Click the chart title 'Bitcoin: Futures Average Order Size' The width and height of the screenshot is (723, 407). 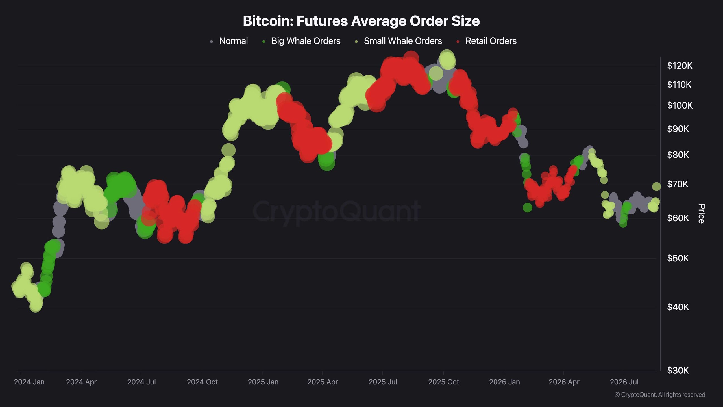pos(361,21)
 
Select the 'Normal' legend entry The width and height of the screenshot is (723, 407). pos(229,41)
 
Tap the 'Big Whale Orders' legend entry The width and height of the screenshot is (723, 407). pos(301,41)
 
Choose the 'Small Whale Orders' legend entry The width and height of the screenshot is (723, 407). pos(398,41)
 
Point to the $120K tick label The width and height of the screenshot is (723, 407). pos(680,66)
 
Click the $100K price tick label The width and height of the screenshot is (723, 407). pos(680,105)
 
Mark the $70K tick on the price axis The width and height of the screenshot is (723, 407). pos(678,184)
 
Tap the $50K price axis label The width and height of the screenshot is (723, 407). pos(678,258)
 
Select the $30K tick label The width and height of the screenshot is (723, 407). pos(678,370)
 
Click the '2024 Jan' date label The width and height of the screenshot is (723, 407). pos(29,382)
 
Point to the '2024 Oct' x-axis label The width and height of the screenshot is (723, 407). pos(202,382)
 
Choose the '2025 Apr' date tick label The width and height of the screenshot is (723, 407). pos(323,382)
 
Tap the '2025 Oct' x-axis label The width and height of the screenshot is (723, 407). pos(443,382)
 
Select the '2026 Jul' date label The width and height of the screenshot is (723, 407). pos(624,382)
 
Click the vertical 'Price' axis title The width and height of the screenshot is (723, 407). pos(701,214)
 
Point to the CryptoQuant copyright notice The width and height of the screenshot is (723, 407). pos(660,395)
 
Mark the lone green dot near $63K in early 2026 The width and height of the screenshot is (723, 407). pos(527,208)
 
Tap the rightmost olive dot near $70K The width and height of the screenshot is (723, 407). pos(656,187)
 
